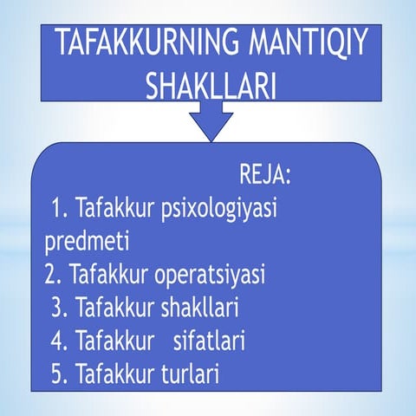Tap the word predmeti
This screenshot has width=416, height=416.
click(86, 240)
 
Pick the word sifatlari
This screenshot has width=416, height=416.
click(208, 341)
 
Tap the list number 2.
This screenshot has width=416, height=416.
click(53, 275)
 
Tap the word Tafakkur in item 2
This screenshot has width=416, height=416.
click(106, 275)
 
